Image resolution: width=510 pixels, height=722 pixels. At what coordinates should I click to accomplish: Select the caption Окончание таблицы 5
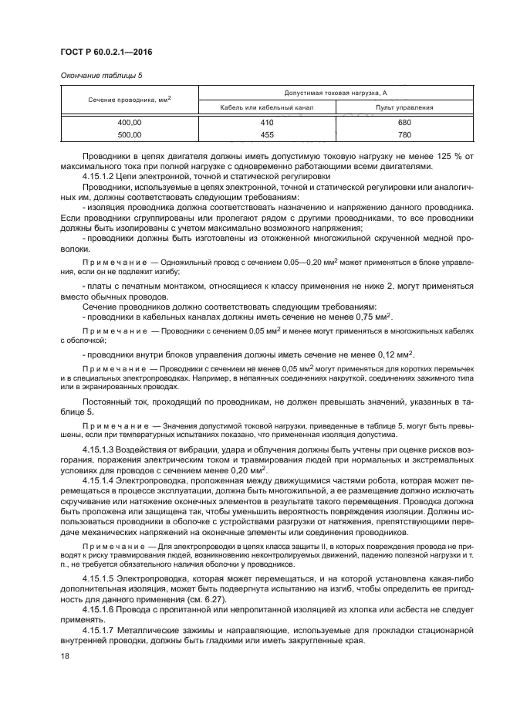[x=100, y=75]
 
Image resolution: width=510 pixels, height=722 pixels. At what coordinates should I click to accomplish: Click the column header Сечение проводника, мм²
[x=129, y=99]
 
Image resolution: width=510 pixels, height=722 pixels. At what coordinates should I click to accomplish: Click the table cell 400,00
[x=129, y=123]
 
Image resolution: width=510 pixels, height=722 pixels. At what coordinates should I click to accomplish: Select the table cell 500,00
[x=129, y=134]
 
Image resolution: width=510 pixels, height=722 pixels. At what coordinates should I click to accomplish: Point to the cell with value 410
[x=267, y=123]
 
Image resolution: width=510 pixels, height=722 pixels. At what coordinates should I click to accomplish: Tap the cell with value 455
[x=267, y=134]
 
